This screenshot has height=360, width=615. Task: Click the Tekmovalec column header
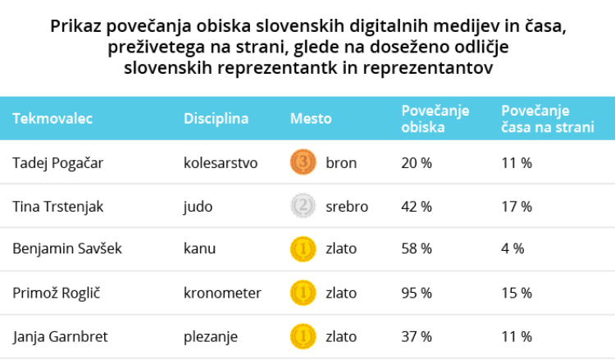[52, 119]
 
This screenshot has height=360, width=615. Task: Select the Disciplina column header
[216, 119]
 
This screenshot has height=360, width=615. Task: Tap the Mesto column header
[311, 119]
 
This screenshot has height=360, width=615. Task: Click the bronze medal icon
[303, 163]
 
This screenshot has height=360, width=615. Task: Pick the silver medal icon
[303, 207]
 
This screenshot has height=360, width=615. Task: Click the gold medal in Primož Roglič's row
[303, 293]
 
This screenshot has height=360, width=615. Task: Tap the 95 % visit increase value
[416, 293]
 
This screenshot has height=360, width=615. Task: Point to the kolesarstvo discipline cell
[221, 163]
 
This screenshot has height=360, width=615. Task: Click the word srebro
[346, 207]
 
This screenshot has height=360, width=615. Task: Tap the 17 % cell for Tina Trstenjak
[516, 207]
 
